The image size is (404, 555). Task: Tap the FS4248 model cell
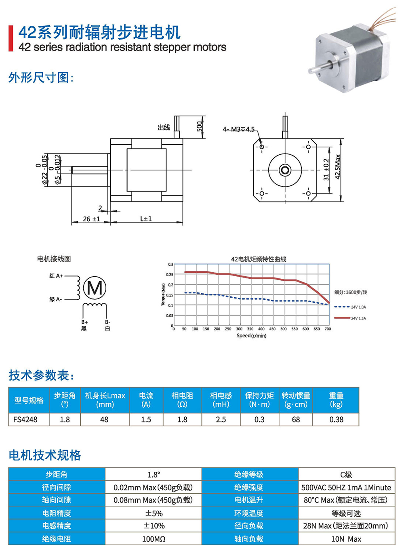point(25,419)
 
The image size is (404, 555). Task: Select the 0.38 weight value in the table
point(337,419)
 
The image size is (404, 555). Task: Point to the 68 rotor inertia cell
point(296,419)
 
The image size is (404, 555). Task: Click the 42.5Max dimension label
point(338,167)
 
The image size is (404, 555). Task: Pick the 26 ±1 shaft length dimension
point(91,219)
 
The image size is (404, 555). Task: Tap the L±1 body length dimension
point(146,219)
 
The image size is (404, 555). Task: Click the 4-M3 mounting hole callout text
point(238,129)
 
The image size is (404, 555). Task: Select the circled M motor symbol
point(95,288)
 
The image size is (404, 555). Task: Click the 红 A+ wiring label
point(56,276)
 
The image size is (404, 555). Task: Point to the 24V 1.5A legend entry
point(350,318)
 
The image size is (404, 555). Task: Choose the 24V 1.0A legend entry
point(350,307)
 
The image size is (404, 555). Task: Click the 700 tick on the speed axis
point(328,329)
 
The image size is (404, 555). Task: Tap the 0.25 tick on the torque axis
point(170,275)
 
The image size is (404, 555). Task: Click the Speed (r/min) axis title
point(251,336)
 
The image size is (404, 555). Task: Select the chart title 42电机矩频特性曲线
point(259,259)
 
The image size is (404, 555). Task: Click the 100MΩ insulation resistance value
point(154,539)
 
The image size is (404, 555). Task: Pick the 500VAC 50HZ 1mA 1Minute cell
point(346,488)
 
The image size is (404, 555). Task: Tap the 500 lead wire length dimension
point(199,126)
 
